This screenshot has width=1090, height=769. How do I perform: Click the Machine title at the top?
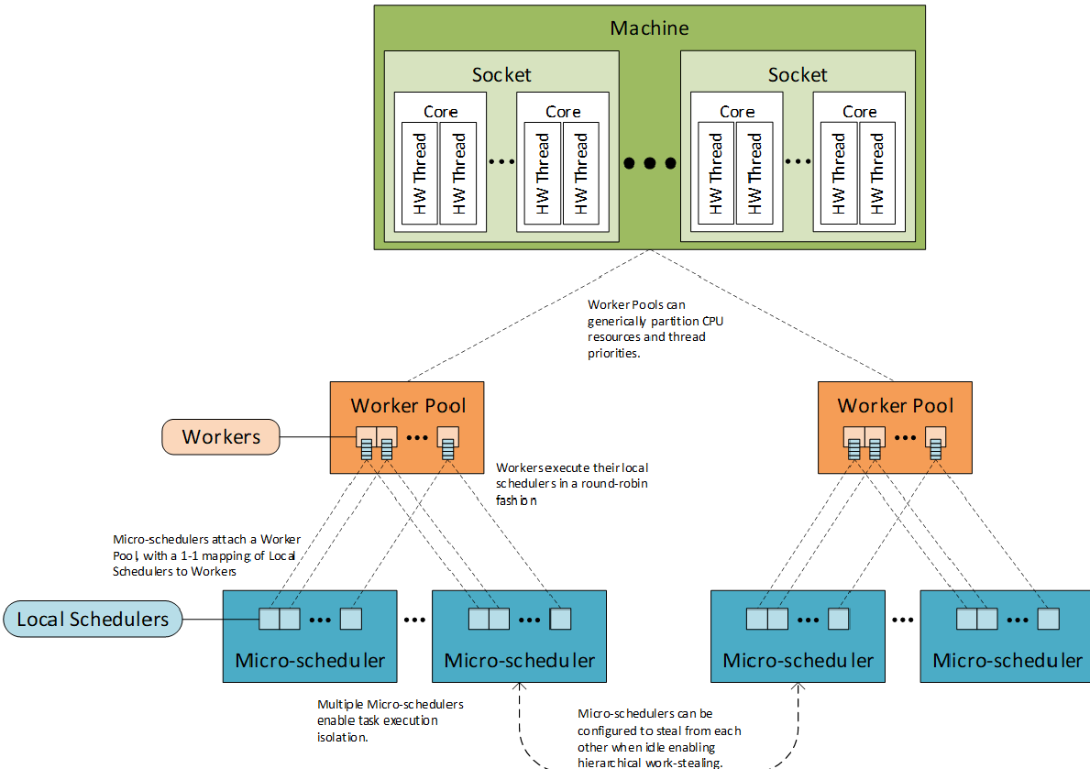(649, 27)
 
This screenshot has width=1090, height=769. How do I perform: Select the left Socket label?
(501, 75)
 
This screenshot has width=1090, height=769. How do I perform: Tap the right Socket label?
(798, 75)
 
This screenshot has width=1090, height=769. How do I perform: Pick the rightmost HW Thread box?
(877, 173)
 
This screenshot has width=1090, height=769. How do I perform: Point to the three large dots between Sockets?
(649, 163)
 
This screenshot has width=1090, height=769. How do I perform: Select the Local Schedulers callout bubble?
(93, 620)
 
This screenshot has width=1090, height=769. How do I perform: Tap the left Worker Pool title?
(408, 405)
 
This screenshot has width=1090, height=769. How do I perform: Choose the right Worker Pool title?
(896, 405)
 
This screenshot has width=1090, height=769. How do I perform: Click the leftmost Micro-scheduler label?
(310, 661)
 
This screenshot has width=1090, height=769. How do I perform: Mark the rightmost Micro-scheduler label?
(1007, 661)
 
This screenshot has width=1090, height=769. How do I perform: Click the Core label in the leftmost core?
(440, 112)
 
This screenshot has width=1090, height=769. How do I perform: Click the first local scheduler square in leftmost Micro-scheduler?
(269, 620)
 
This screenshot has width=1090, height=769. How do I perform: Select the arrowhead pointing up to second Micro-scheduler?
(520, 688)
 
